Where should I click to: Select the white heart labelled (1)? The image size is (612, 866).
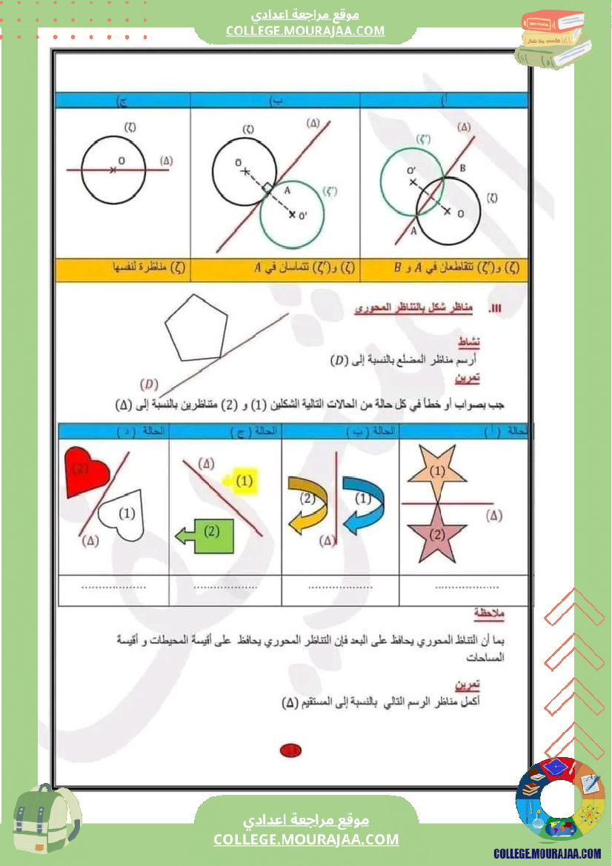(x=124, y=516)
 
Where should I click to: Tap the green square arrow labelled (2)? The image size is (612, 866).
(x=209, y=533)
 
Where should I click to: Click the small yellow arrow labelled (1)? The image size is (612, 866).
(x=242, y=482)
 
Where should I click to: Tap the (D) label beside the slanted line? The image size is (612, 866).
(x=150, y=384)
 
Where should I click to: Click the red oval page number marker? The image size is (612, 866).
(x=290, y=751)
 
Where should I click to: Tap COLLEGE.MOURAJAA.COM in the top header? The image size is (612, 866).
(x=305, y=30)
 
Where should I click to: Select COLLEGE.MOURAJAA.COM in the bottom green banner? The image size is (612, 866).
(x=306, y=839)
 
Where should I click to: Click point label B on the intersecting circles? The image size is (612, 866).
(x=463, y=169)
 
